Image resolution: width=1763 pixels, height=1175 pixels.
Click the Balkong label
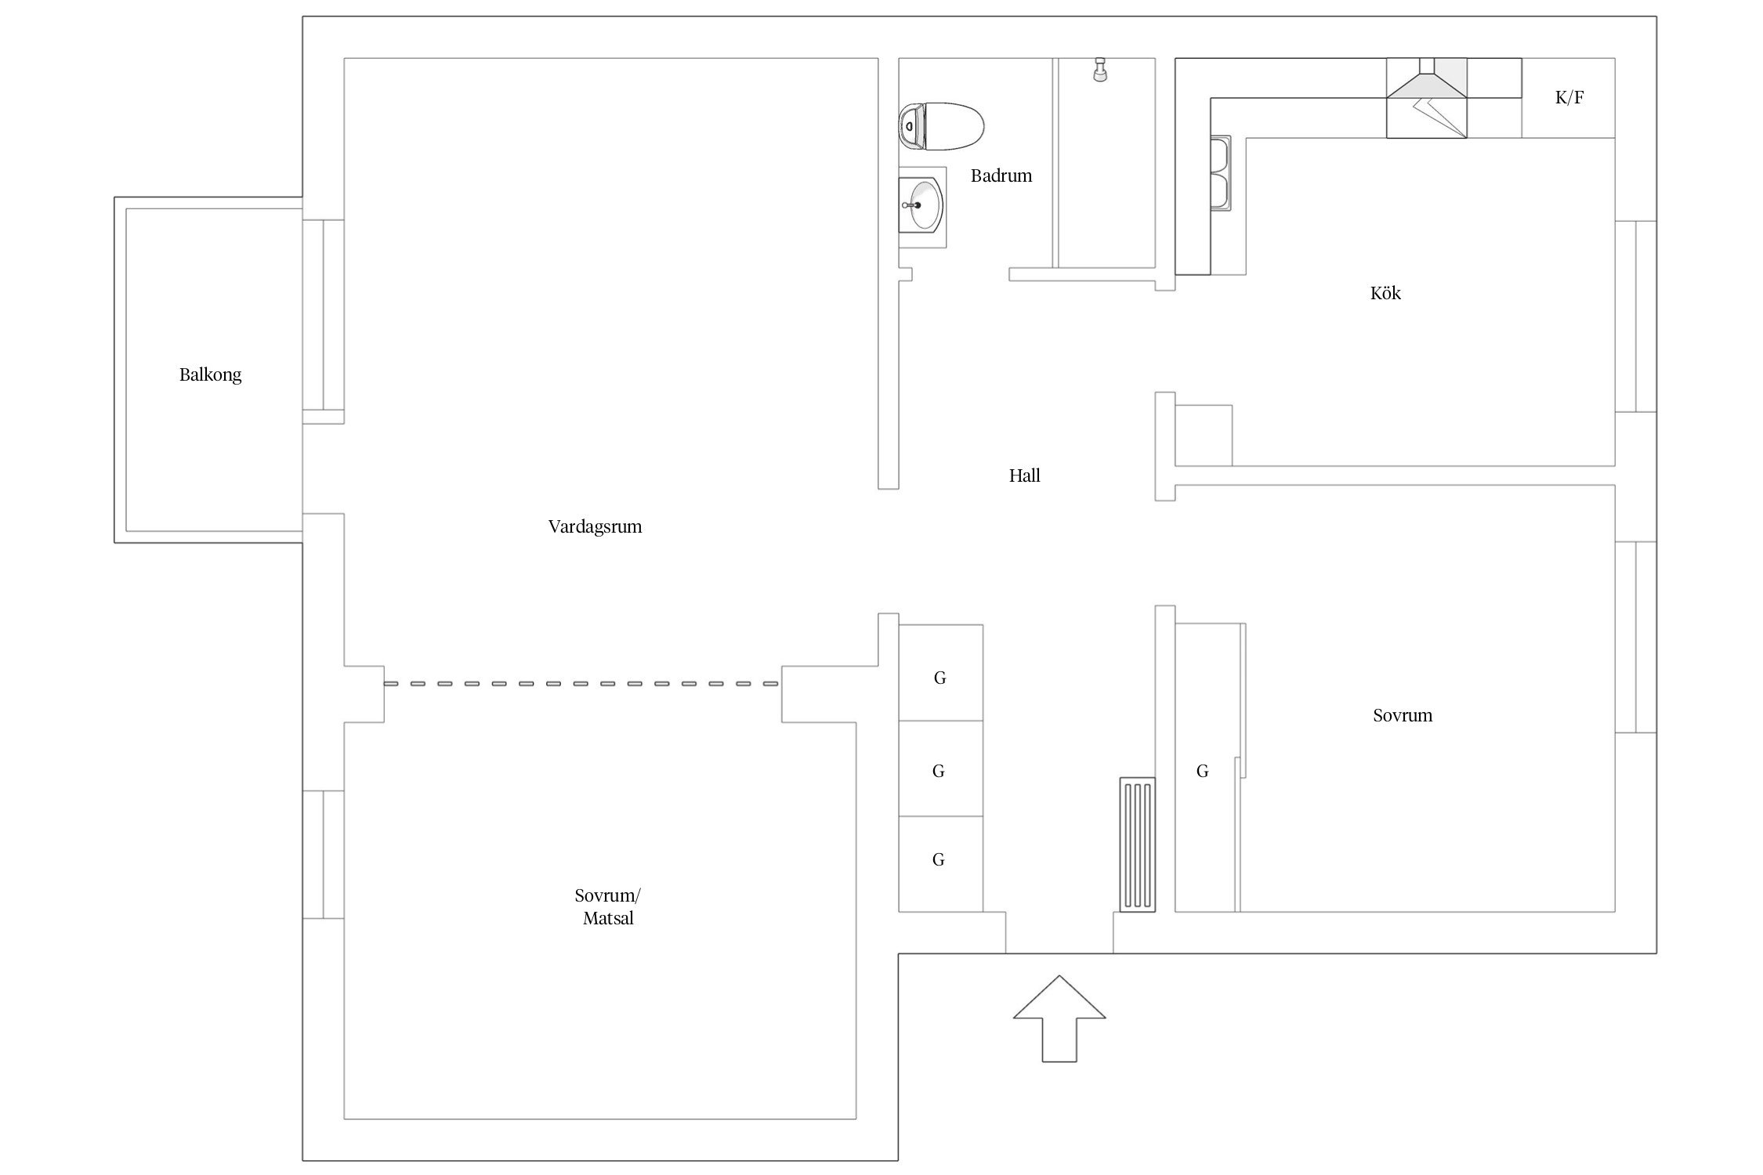click(210, 375)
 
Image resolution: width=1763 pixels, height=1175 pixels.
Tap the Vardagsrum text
click(595, 527)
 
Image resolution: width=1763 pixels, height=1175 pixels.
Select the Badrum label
click(1001, 175)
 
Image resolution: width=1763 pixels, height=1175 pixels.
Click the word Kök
click(1385, 293)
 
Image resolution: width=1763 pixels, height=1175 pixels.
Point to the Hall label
click(1024, 475)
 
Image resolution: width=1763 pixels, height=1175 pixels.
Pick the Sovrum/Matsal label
click(607, 906)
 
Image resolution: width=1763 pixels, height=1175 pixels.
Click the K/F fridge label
click(1569, 98)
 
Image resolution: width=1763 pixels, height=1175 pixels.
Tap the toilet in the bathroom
click(941, 126)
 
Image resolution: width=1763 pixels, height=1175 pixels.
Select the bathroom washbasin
click(922, 207)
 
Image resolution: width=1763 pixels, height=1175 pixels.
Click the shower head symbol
click(1100, 69)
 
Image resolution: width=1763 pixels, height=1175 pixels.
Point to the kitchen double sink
click(1221, 174)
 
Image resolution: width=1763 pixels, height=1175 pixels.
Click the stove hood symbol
click(1426, 98)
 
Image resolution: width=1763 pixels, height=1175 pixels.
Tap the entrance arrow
click(1059, 1018)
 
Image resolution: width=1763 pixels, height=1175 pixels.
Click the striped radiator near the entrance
click(1137, 844)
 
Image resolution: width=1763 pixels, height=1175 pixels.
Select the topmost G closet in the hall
click(940, 673)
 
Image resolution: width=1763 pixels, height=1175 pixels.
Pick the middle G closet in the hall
click(940, 769)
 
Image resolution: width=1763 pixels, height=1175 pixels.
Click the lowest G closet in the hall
click(940, 864)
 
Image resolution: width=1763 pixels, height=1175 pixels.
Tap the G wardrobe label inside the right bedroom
click(1202, 772)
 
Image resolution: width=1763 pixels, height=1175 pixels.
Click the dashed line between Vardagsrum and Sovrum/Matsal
click(581, 684)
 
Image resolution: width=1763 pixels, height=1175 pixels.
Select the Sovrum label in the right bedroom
click(1403, 715)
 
